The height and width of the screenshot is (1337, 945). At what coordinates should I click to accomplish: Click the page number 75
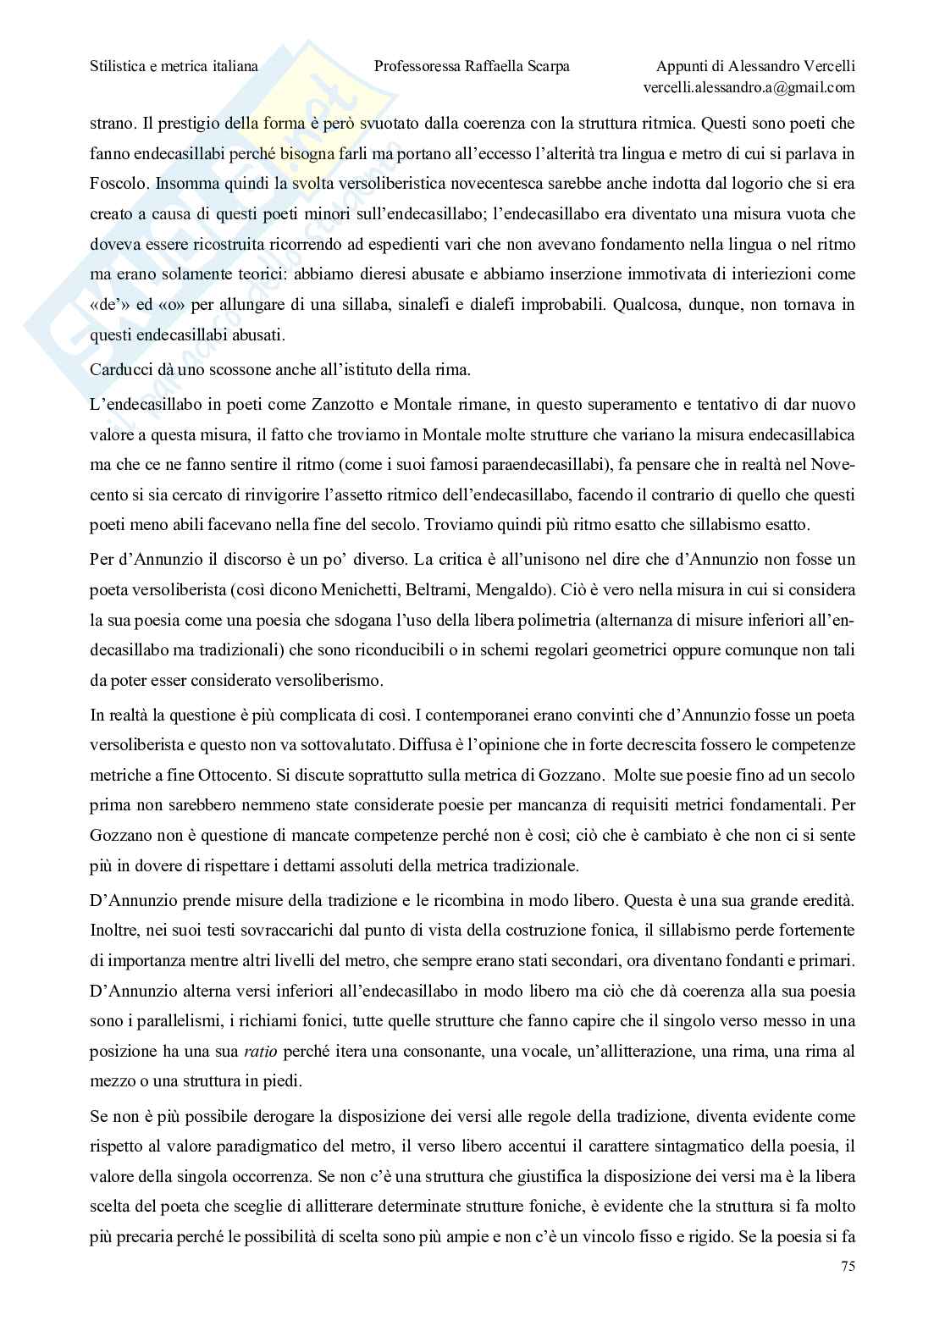tap(846, 1267)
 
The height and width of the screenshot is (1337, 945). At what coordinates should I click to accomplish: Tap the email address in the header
tap(749, 87)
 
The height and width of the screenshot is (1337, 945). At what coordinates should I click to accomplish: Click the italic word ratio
tap(261, 1052)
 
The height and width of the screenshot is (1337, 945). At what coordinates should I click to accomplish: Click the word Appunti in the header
tap(682, 66)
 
